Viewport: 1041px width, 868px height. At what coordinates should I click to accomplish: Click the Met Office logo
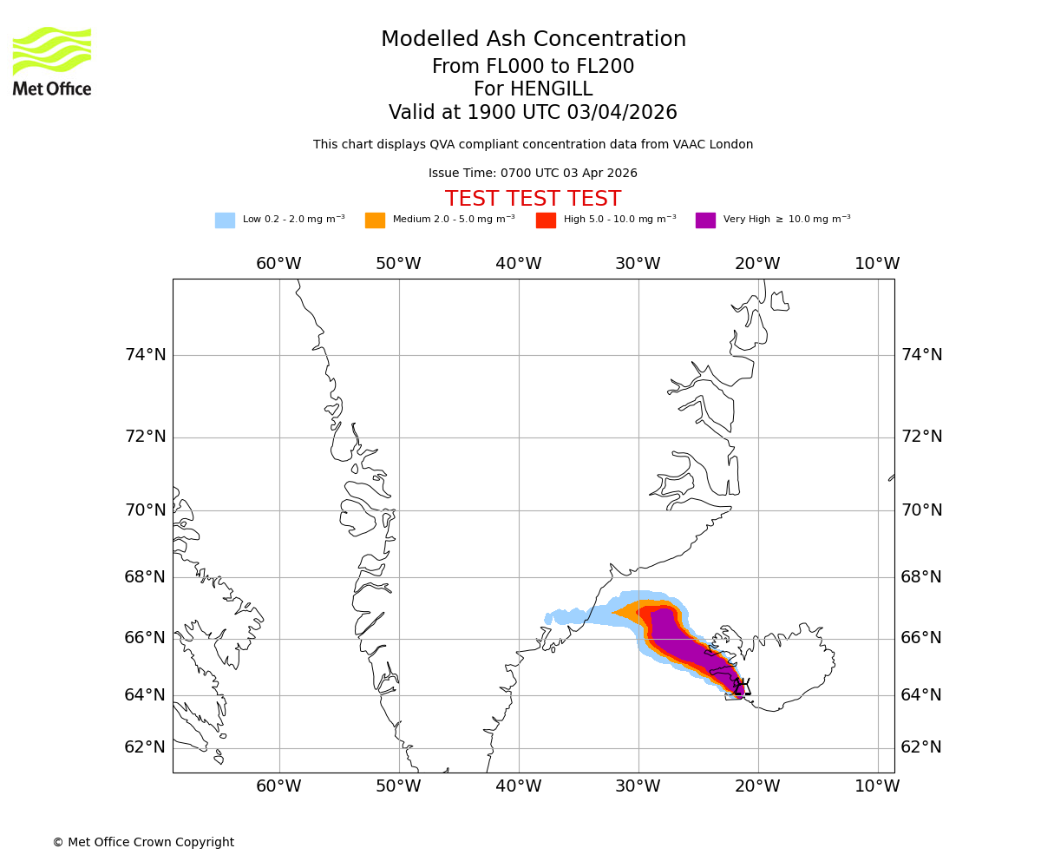(52, 61)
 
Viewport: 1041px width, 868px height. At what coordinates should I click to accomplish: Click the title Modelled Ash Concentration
(533, 40)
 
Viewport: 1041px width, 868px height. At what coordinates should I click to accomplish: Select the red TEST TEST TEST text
(533, 200)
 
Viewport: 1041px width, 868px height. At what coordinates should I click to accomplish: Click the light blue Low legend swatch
(225, 220)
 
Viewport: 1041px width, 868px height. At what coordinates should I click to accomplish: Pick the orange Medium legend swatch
(375, 220)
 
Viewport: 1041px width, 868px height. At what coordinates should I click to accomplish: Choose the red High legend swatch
(546, 220)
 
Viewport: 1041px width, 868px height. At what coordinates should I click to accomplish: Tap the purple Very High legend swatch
(705, 220)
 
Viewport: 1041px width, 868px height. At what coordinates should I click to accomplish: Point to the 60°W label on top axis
(278, 264)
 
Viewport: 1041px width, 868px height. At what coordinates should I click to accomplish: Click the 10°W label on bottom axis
(877, 786)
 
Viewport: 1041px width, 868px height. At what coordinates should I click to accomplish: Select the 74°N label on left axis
(145, 354)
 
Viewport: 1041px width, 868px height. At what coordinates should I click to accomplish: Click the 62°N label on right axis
(921, 747)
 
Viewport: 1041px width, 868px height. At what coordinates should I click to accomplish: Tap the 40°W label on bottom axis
(519, 786)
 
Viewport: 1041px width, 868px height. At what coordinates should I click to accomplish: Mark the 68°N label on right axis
(921, 577)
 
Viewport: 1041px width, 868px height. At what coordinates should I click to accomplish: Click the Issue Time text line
(533, 174)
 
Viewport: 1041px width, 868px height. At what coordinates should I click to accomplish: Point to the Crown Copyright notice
(143, 842)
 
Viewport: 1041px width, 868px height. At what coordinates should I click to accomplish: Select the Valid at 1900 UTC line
(533, 113)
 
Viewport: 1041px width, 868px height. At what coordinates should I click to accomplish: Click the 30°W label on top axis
(638, 264)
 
